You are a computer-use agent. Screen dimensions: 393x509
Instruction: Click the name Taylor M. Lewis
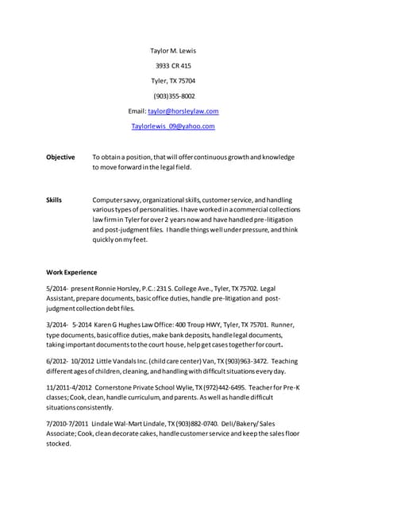coord(172,51)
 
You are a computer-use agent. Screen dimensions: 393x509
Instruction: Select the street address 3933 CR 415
coord(172,66)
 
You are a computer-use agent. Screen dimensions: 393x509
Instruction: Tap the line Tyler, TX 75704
coord(173,81)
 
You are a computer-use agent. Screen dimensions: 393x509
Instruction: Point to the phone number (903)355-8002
coord(174,96)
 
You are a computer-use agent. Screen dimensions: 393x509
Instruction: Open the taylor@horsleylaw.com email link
coord(183,111)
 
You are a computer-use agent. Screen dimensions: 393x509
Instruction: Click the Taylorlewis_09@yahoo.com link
coord(173,126)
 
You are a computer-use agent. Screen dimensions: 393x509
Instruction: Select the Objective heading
coord(61,157)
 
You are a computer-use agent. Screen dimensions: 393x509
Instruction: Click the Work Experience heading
coord(71,272)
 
